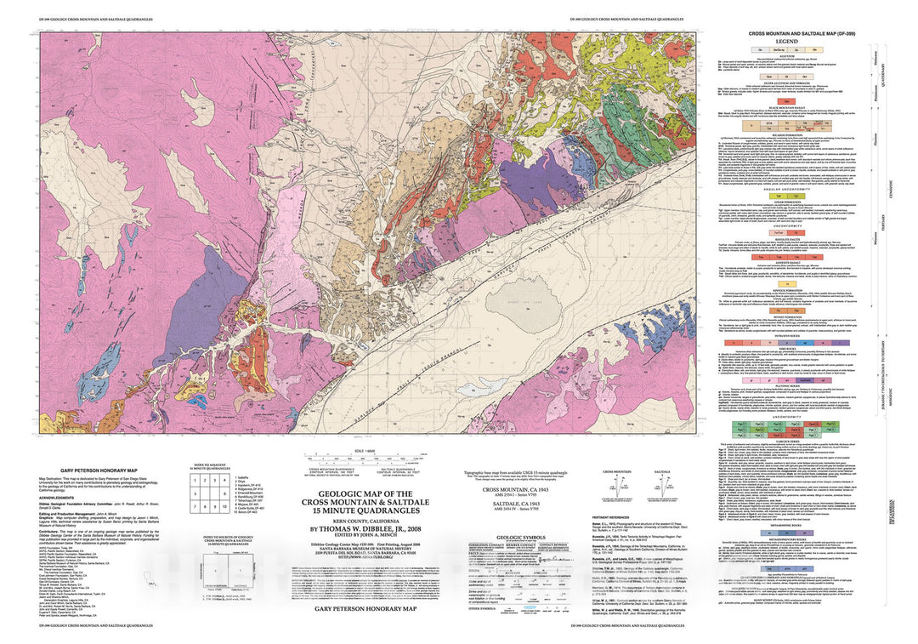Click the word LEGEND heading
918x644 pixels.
pyautogui.click(x=785, y=41)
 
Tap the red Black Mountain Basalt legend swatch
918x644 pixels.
pyautogui.click(x=785, y=122)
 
